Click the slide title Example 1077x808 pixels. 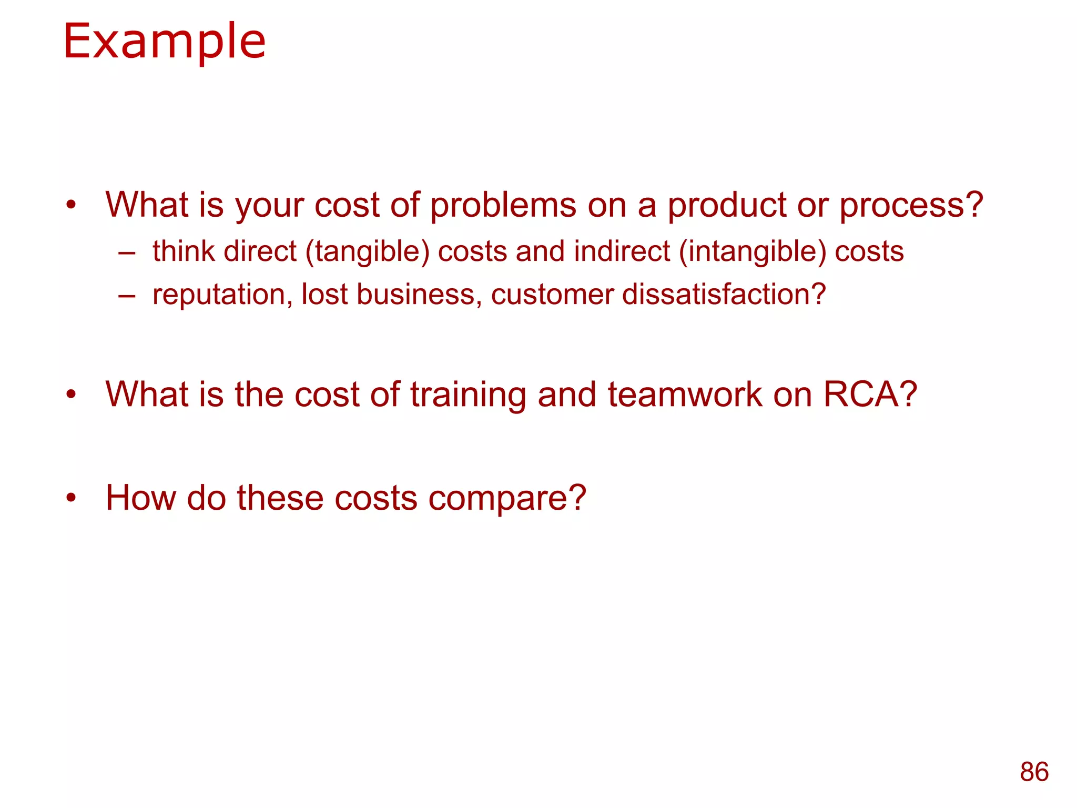(164, 42)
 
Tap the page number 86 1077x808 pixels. (1034, 772)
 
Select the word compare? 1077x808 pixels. (507, 499)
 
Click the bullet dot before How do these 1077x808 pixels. (72, 497)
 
